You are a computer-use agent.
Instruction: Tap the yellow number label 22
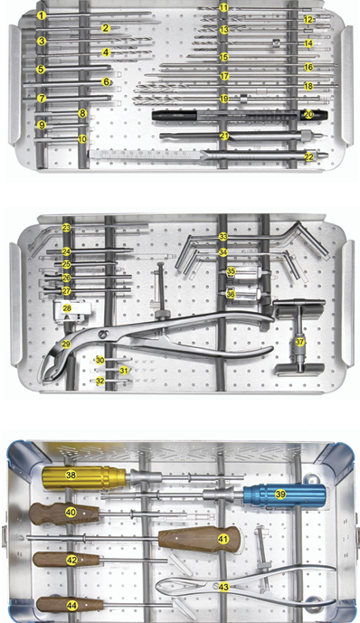pos(309,157)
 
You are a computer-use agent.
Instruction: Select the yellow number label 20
pos(309,115)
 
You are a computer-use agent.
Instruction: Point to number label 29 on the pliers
pos(65,345)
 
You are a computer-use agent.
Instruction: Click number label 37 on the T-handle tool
pos(299,343)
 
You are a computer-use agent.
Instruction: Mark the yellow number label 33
pos(223,236)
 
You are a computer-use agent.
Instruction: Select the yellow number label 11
pos(223,7)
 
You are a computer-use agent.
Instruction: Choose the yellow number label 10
pos(82,139)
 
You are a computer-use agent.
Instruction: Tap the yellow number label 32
pos(100,382)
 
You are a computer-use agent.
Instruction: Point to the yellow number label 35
pos(231,271)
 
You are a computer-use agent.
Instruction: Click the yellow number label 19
pos(223,99)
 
